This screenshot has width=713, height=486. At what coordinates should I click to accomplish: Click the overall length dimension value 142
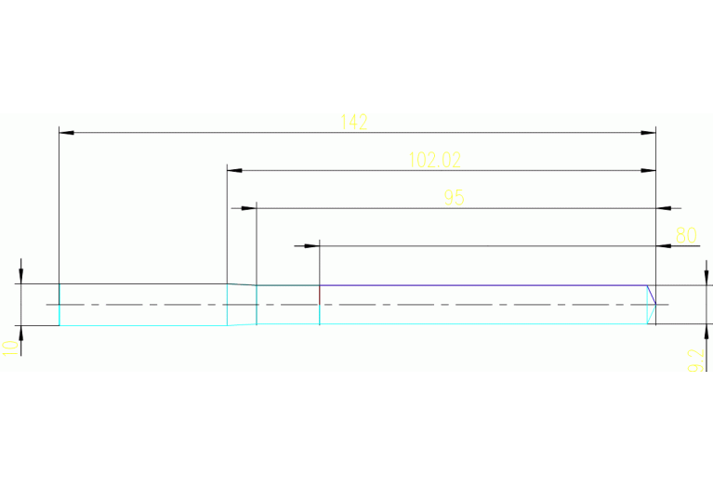pyautogui.click(x=354, y=122)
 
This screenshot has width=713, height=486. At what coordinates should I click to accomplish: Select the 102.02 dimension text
pyautogui.click(x=435, y=160)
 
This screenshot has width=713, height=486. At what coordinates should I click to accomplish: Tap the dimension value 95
pyautogui.click(x=454, y=197)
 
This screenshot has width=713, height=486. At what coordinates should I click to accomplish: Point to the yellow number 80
pyautogui.click(x=686, y=235)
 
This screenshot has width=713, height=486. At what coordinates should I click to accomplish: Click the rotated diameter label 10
pyautogui.click(x=10, y=348)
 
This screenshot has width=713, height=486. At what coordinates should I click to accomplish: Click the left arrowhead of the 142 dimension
pyautogui.click(x=66, y=133)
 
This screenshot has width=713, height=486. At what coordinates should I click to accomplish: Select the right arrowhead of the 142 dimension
pyautogui.click(x=649, y=133)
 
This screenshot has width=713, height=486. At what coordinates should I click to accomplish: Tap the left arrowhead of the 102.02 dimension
pyautogui.click(x=234, y=171)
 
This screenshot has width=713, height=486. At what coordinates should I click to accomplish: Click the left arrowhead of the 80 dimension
pyautogui.click(x=312, y=246)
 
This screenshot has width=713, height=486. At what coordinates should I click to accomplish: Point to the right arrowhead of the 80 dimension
pyautogui.click(x=664, y=246)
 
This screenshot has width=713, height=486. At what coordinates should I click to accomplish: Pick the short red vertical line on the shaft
pyautogui.click(x=320, y=295)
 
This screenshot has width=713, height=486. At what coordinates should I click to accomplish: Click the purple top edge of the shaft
pyautogui.click(x=483, y=285)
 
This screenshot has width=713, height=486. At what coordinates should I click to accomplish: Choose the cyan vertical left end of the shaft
pyautogui.click(x=59, y=305)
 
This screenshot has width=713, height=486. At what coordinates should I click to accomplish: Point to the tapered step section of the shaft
pyautogui.click(x=242, y=304)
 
